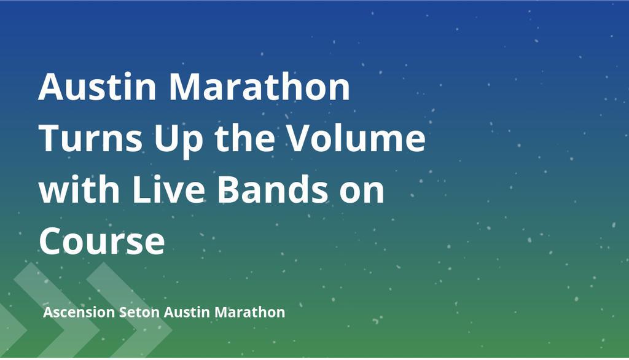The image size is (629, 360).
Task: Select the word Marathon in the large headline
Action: (260, 87)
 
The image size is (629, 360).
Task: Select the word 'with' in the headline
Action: (76, 190)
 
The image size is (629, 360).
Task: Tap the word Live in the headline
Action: (161, 190)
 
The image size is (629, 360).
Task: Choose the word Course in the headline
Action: (102, 241)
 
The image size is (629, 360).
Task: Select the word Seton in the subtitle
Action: (139, 313)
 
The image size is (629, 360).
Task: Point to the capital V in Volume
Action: (305, 139)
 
